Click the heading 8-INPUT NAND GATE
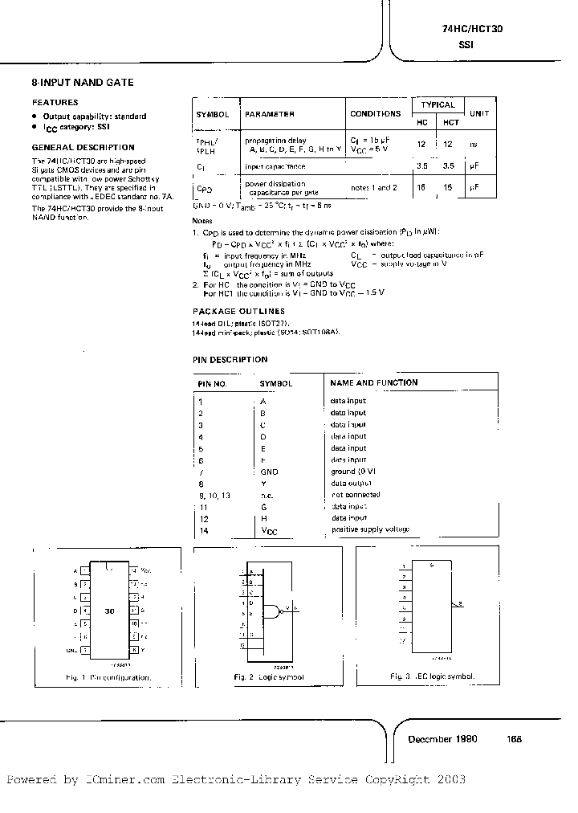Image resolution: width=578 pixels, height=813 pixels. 83,82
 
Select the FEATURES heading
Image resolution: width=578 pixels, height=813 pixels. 55,102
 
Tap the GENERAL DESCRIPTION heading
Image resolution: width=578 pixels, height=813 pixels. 83,147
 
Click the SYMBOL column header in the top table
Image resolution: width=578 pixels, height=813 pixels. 213,114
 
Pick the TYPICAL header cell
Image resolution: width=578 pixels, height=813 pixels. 438,104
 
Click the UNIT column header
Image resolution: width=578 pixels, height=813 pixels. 479,113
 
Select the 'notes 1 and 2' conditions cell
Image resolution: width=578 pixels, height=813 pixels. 374,187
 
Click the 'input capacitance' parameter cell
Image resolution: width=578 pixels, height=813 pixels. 275,166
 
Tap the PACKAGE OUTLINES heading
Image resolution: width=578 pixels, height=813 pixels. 238,310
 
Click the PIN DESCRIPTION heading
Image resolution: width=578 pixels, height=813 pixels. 230,359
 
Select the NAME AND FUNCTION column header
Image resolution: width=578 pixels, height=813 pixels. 374,382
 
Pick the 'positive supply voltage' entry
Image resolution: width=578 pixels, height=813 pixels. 369,529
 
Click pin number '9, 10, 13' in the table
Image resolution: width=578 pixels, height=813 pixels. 214,495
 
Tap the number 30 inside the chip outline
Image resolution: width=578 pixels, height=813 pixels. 110,611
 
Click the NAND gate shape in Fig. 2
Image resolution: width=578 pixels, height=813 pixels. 276,611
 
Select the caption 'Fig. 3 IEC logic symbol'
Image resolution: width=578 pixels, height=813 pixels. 432,676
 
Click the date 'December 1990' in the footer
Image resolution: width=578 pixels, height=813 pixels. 442,738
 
